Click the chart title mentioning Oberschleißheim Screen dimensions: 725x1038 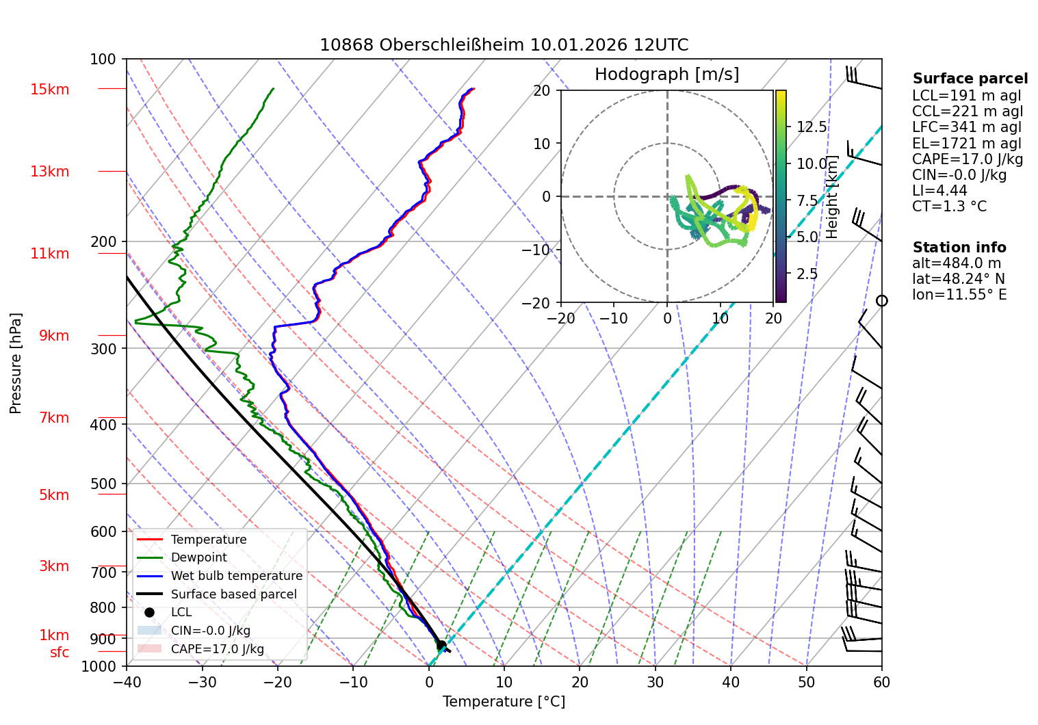[x=504, y=45]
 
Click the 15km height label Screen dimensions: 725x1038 [x=49, y=90]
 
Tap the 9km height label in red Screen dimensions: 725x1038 [x=54, y=336]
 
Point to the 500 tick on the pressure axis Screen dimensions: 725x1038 [x=103, y=484]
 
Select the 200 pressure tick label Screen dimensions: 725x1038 [x=103, y=241]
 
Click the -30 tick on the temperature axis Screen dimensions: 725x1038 [x=202, y=682]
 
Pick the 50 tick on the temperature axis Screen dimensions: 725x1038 [x=806, y=682]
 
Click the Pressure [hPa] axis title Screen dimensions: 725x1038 [x=16, y=363]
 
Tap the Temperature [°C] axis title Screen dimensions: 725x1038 [x=504, y=702]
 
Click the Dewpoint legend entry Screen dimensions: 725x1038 [x=198, y=557]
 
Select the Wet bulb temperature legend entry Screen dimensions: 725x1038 [x=236, y=576]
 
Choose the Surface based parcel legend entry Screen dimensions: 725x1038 [x=233, y=594]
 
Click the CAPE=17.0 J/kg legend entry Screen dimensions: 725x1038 [x=217, y=649]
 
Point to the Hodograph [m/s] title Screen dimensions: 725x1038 [x=666, y=75]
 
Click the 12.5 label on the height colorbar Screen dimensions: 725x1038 [x=812, y=127]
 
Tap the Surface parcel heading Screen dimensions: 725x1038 [x=970, y=79]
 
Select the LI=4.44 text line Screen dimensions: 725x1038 [x=939, y=191]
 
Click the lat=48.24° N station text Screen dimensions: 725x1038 [x=958, y=279]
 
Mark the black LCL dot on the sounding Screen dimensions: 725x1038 [x=441, y=646]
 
